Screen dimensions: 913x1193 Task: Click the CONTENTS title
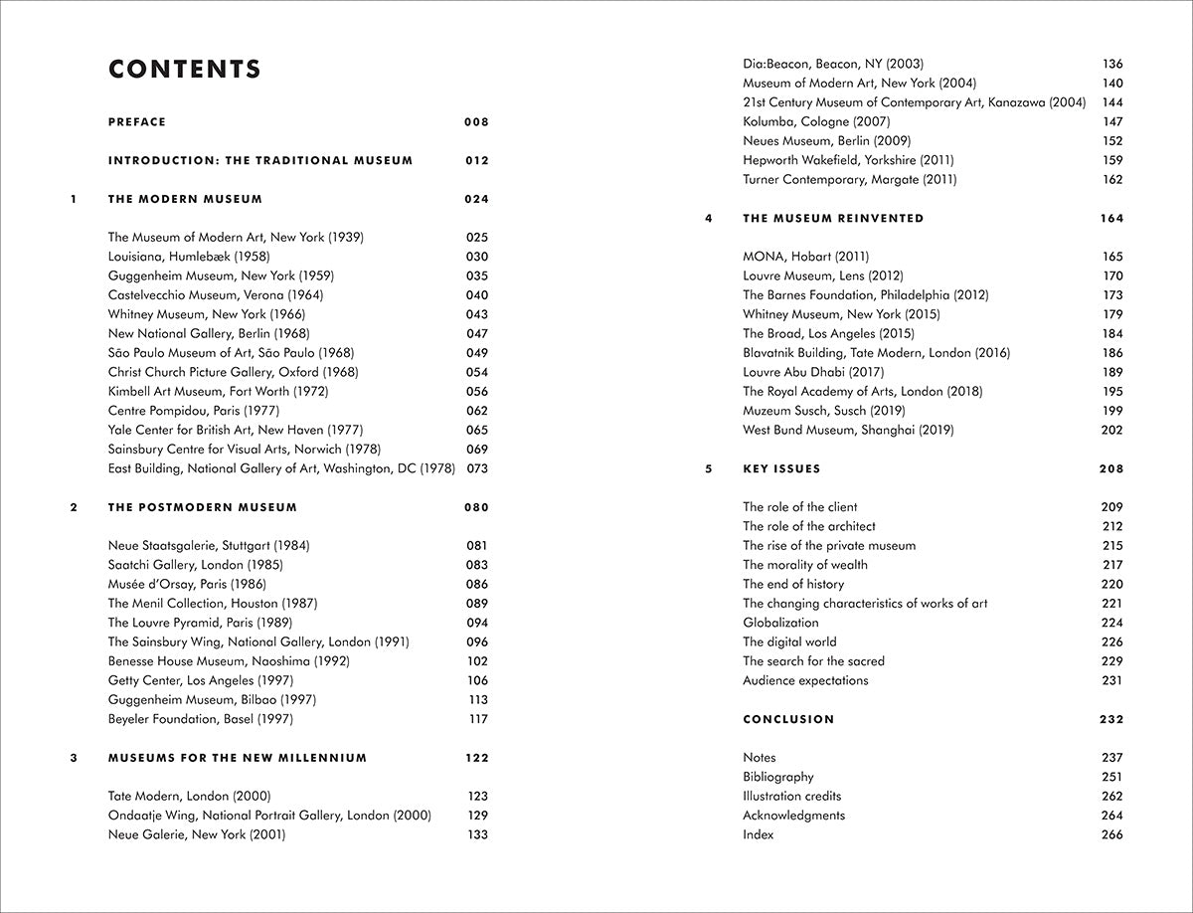[185, 70]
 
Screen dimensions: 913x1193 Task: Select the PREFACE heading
[137, 122]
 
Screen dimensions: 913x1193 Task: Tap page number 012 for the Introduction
[476, 160]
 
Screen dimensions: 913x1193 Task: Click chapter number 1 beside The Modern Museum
[74, 199]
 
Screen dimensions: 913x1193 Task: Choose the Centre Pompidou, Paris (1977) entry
[194, 411]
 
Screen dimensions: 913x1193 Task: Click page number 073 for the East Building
[476, 468]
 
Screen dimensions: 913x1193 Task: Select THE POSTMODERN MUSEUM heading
[203, 507]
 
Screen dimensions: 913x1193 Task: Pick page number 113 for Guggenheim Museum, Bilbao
[477, 700]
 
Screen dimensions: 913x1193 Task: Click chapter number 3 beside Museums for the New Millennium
[74, 758]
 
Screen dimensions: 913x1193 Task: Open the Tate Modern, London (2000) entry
[189, 797]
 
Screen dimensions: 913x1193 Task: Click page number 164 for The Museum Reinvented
[1111, 218]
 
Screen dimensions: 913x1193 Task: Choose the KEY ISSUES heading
[781, 468]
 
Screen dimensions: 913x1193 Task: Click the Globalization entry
[780, 623]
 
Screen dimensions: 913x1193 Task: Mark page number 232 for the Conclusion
[1111, 719]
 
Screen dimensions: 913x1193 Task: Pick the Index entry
[758, 834]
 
